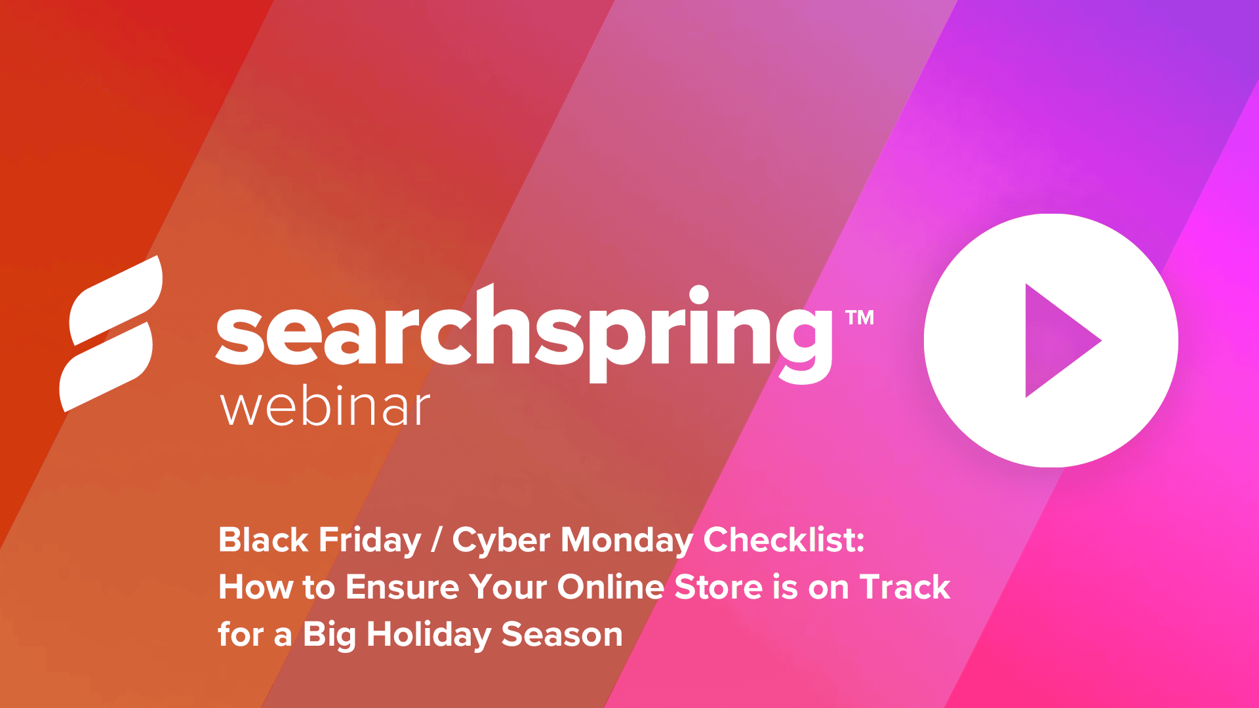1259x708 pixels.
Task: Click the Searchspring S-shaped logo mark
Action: click(x=111, y=334)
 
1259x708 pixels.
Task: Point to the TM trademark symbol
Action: click(x=859, y=318)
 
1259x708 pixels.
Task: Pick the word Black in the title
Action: click(x=263, y=540)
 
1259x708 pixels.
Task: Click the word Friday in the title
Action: click(x=370, y=540)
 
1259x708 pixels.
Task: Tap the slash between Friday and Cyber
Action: click(x=436, y=540)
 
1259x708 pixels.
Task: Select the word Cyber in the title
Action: click(x=502, y=541)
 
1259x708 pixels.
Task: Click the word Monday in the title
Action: click(x=627, y=541)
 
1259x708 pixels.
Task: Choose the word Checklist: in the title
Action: click(x=784, y=540)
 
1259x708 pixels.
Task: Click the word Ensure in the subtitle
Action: click(x=402, y=587)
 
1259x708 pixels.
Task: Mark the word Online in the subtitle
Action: click(x=610, y=587)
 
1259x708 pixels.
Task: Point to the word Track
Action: click(x=905, y=587)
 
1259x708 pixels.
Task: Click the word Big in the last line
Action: click(x=329, y=635)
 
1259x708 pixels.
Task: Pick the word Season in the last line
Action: click(x=562, y=635)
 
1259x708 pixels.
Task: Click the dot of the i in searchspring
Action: click(x=699, y=295)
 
